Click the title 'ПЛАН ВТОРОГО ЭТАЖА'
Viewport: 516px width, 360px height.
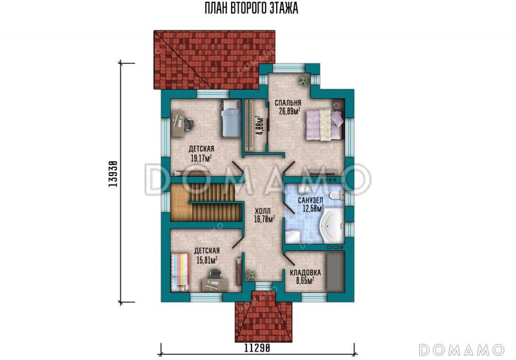pos(252,8)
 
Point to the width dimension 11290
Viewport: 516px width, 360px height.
pos(257,348)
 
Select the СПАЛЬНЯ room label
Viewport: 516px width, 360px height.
pos(288,103)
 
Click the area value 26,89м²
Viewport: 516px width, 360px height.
pos(290,111)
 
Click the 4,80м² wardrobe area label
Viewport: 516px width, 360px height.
pos(261,125)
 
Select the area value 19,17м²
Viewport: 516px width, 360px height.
pos(201,158)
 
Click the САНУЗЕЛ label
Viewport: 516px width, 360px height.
pos(310,200)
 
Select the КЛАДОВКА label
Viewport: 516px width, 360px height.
pos(305,273)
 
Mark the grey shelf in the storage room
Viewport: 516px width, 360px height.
pos(335,271)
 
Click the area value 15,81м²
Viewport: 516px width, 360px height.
pos(206,261)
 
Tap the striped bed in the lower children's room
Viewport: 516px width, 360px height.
pos(180,272)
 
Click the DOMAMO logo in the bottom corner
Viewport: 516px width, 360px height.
pos(462,350)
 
